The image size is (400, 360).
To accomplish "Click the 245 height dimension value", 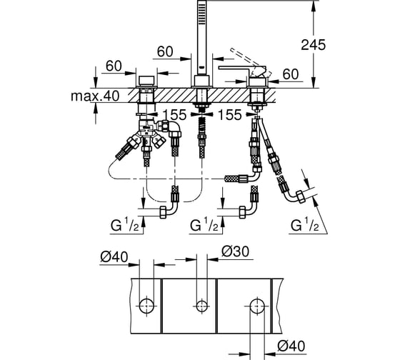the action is [314, 45].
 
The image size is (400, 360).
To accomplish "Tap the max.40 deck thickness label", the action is [95, 96].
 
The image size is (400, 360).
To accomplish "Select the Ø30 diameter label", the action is [235, 251].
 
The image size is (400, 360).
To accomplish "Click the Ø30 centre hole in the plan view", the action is [201, 306].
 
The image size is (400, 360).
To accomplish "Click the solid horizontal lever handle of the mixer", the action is [242, 68].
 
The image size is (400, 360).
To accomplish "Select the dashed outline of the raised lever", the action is [251, 61].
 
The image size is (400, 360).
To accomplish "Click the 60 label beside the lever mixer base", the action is [291, 74].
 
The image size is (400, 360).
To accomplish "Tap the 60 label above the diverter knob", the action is [114, 66].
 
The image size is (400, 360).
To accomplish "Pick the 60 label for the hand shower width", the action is [165, 51].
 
